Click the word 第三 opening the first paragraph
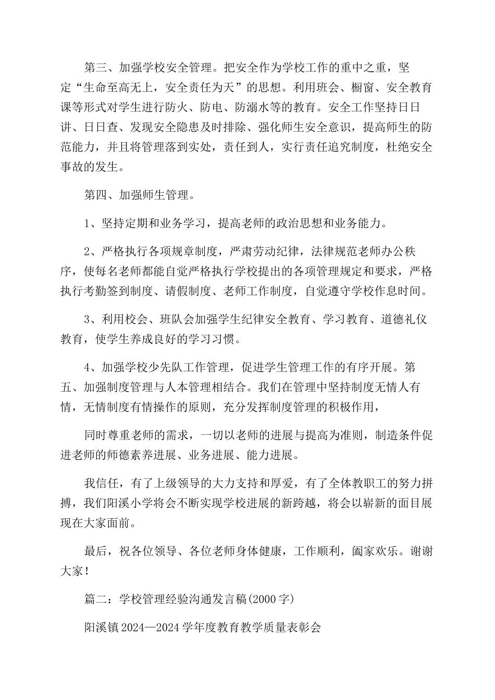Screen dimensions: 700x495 95,68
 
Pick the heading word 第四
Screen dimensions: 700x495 95,195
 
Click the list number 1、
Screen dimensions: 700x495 90,224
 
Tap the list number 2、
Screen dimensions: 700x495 90,252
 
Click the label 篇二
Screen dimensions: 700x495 95,599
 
